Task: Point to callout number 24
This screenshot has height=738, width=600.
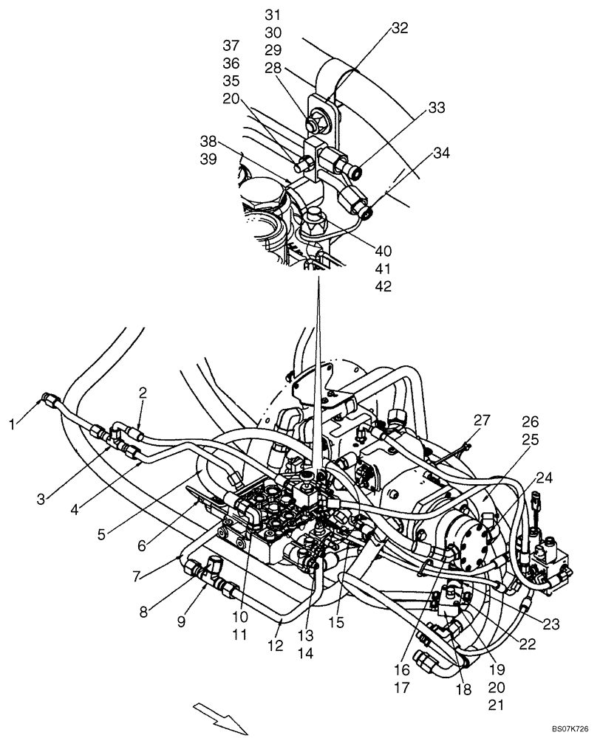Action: (545, 477)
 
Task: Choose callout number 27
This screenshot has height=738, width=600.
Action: (482, 421)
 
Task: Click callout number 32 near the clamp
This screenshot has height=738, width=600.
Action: (400, 29)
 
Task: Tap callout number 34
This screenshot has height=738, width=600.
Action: (441, 154)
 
